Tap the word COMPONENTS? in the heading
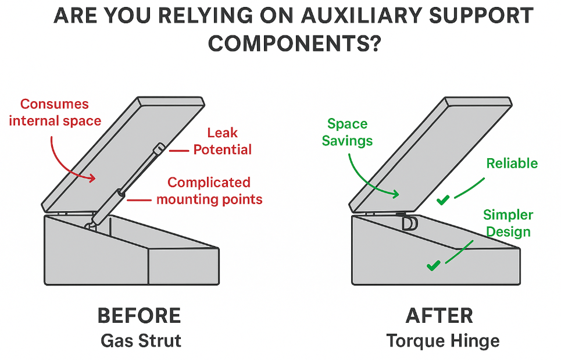point(294,44)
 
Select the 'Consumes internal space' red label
point(56,112)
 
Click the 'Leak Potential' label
point(222,142)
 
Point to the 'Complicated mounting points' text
point(209,191)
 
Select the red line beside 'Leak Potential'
point(179,150)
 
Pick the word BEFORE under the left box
point(139,316)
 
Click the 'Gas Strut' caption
point(139,340)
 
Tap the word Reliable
point(512,163)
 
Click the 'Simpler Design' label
point(508,223)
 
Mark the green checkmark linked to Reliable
point(443,200)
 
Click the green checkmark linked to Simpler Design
point(433,266)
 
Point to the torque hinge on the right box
point(408,222)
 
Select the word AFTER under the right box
point(439,316)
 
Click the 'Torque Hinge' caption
point(442,340)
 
